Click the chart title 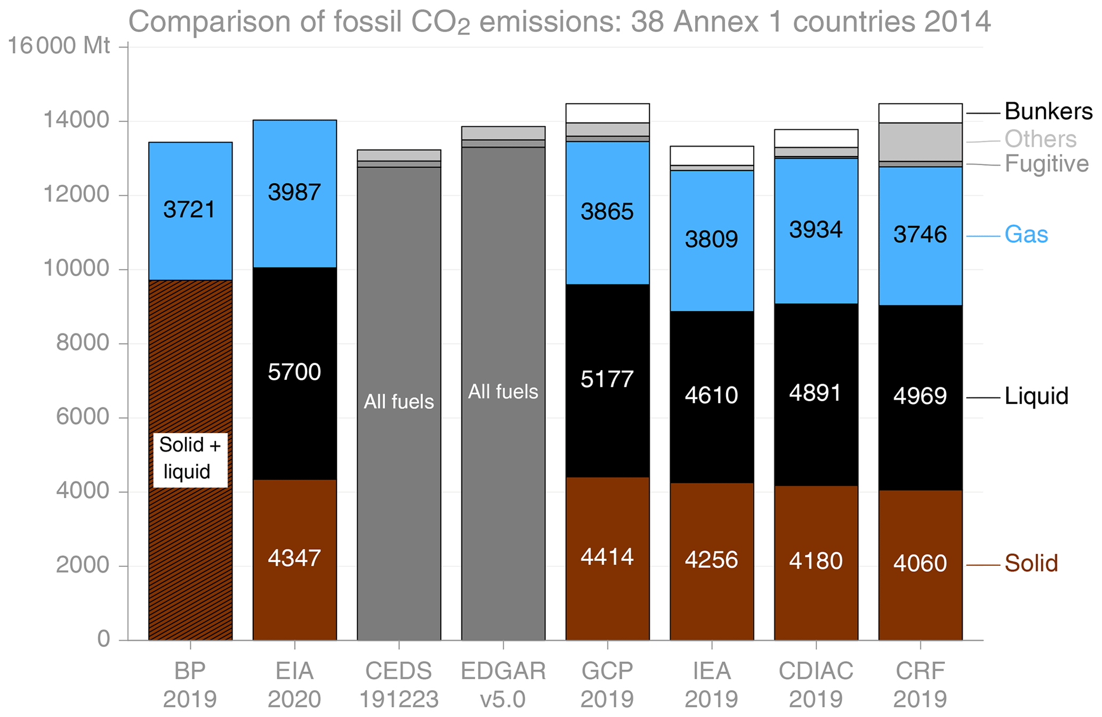[559, 23]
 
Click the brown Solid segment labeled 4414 [607, 586]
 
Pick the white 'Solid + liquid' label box [190, 459]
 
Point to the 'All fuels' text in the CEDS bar [399, 402]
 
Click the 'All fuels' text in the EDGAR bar [503, 392]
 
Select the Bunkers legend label [1048, 112]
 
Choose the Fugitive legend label [1047, 164]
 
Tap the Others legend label [1040, 140]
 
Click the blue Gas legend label [1026, 235]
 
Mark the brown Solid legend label [1031, 564]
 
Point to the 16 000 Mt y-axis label [59, 46]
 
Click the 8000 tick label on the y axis [83, 344]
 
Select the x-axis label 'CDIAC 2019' [816, 685]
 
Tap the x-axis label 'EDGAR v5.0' [503, 685]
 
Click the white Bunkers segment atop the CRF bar [920, 113]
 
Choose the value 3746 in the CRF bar [920, 235]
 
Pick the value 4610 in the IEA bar [711, 395]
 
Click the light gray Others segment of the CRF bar [920, 142]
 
